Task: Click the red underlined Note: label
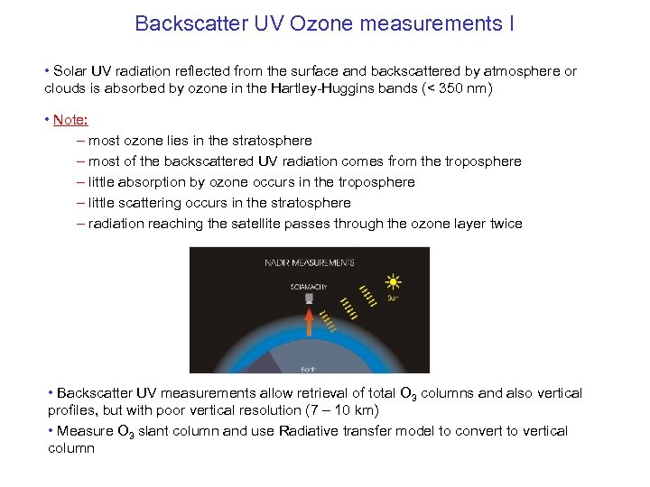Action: (x=70, y=120)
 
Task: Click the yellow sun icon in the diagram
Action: (x=393, y=282)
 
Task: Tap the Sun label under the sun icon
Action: (x=393, y=298)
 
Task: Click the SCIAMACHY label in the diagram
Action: (x=308, y=285)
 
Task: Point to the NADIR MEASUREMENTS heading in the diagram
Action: (x=309, y=262)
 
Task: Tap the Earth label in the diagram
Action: (x=308, y=367)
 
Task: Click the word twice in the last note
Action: (x=504, y=224)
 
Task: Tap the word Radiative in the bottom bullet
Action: (x=315, y=431)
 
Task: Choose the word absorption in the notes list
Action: (x=152, y=182)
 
